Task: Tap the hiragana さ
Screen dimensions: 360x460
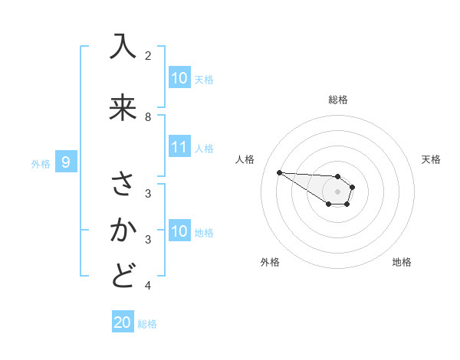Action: pos(123,185)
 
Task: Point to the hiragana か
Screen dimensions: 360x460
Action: pos(123,231)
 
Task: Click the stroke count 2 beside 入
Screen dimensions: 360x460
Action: pos(148,56)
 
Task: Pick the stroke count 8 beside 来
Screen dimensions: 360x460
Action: pos(148,116)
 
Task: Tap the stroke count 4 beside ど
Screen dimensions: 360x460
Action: pos(148,286)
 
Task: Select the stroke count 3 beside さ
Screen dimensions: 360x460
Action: pos(148,193)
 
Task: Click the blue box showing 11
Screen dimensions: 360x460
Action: pos(179,148)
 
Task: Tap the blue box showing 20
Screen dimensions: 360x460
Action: pos(123,322)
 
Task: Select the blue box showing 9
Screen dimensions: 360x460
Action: pos(66,162)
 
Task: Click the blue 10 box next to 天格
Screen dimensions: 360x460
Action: pos(179,78)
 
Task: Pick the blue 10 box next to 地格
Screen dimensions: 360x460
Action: pos(179,231)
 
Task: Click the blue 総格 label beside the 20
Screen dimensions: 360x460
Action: pos(147,324)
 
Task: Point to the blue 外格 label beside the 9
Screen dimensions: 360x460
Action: pos(41,163)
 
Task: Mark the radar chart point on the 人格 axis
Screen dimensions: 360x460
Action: pos(279,172)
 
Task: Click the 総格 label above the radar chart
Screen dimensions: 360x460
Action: pos(337,100)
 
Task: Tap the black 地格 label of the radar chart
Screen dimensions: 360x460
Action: pos(402,262)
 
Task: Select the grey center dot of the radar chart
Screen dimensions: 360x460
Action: pos(337,191)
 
